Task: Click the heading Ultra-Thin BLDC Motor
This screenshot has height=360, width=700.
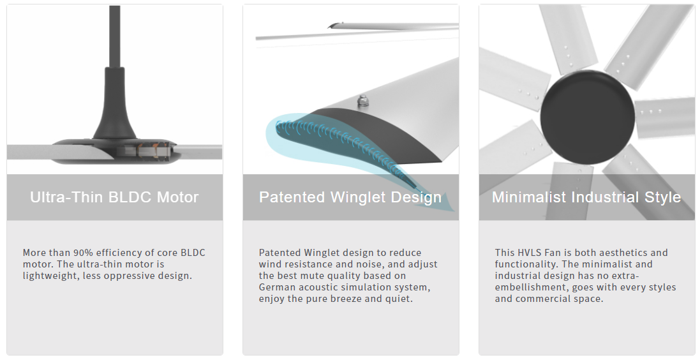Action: tap(114, 197)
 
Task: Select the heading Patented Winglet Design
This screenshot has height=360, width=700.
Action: tap(350, 197)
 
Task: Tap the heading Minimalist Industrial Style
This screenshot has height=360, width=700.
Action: tap(586, 197)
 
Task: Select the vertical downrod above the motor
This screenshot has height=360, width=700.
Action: tap(114, 36)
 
